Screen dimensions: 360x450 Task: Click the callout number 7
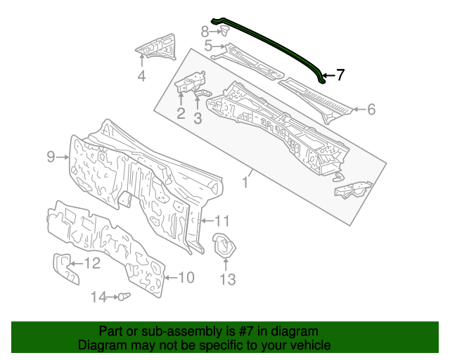340,75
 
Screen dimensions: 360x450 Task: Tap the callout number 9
51,157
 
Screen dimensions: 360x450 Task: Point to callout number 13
226,281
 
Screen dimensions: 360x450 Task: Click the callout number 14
98,297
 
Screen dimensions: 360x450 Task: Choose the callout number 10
186,278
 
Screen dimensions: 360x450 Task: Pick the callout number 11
222,221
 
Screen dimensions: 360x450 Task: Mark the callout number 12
93,264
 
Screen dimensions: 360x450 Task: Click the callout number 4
141,77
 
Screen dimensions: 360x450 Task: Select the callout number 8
205,31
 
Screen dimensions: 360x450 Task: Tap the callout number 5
208,46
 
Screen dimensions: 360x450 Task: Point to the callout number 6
371,109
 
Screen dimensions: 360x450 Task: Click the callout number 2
181,113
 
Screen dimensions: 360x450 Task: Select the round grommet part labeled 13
224,245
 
